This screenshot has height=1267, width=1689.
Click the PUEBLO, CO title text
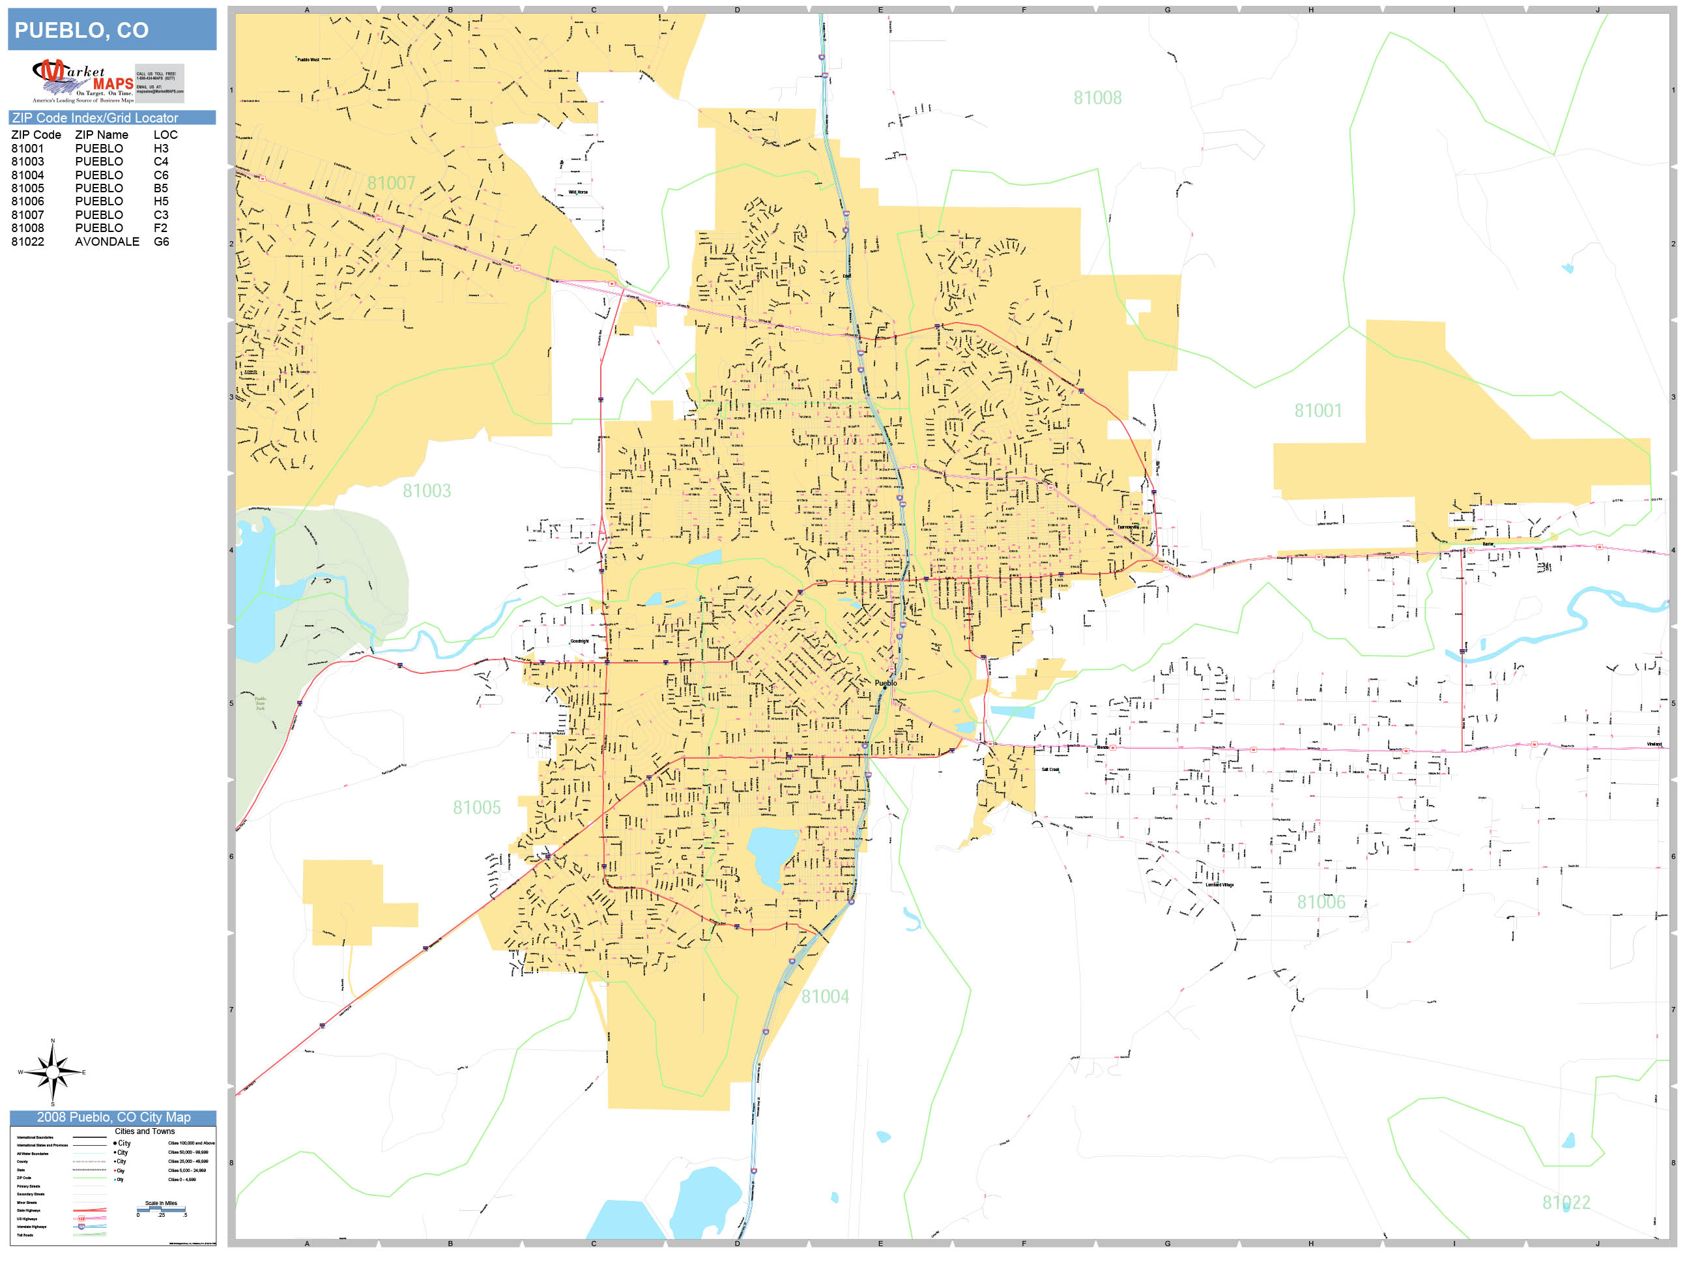point(81,31)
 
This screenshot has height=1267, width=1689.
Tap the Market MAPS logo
point(83,81)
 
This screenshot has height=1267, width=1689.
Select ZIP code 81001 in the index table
point(27,148)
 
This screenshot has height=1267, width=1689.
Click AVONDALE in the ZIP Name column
point(107,241)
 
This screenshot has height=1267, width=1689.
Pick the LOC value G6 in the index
point(161,241)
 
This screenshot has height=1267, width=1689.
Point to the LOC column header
point(166,134)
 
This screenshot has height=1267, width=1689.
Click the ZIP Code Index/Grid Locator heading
point(94,117)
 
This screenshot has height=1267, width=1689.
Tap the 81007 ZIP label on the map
point(391,183)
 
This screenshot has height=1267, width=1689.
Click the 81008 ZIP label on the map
point(1097,98)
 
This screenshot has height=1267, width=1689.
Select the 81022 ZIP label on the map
point(1565,1203)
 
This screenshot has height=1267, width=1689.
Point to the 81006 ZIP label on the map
point(1321,902)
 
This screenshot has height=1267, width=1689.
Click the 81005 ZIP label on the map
point(476,808)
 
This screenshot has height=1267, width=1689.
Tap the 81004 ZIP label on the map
point(825,997)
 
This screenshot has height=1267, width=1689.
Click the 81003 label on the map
point(427,490)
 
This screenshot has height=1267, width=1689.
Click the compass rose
point(53,1071)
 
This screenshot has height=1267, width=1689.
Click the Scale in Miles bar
point(161,1209)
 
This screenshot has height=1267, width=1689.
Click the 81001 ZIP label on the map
point(1318,411)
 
